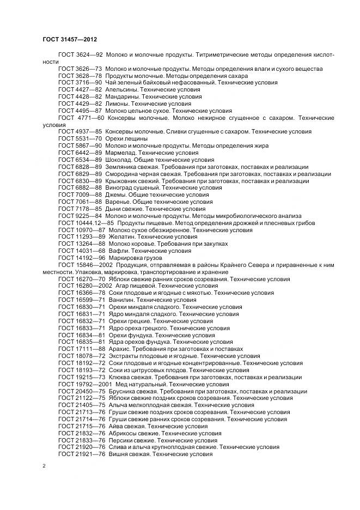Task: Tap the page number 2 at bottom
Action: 44,466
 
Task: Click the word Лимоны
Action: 118,104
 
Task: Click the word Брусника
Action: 125,392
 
